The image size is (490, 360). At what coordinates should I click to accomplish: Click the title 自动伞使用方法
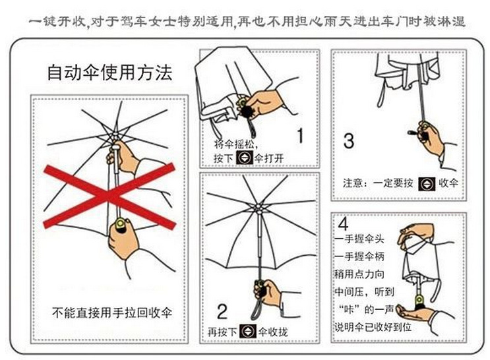click(109, 73)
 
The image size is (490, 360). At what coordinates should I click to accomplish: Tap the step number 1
click(300, 136)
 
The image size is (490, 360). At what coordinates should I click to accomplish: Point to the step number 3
click(349, 140)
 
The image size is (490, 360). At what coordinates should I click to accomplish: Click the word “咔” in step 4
click(351, 309)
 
